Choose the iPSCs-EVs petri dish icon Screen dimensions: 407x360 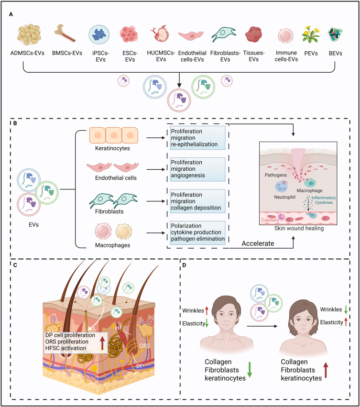[100, 35]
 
